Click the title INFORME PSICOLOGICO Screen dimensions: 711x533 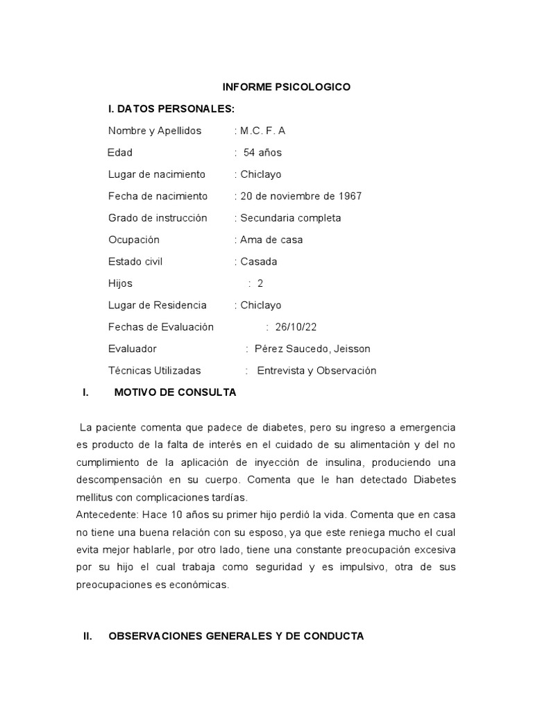[286, 87]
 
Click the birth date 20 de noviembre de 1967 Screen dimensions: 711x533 [301, 196]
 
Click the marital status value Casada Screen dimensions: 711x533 [259, 262]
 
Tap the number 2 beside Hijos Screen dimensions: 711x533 [260, 283]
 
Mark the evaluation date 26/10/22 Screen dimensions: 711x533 [296, 327]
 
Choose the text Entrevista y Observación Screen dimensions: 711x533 [316, 371]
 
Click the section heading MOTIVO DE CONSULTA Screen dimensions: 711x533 [175, 392]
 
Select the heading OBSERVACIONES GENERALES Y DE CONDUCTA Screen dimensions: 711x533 [236, 636]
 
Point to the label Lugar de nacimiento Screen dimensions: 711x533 [157, 174]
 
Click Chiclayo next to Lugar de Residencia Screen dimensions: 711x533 [260, 305]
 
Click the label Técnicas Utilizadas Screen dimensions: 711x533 [155, 371]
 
